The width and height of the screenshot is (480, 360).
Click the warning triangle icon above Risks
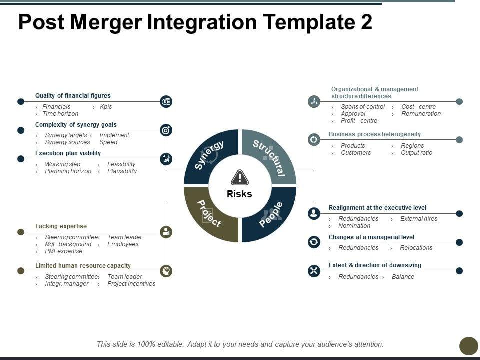point(240,177)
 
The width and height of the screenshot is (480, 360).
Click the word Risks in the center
point(240,194)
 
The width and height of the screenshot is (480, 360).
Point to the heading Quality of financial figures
point(73,96)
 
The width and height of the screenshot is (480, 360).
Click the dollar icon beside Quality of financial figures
point(166,102)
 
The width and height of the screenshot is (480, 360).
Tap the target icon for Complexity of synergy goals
point(166,130)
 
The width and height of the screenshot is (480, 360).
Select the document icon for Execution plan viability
point(166,159)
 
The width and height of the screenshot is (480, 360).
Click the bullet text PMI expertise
point(64,251)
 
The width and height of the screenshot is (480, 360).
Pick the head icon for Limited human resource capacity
point(166,271)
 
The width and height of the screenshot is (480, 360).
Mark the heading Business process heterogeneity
point(375,134)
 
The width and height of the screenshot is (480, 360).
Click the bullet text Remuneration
point(421,114)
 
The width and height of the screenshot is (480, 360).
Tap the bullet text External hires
point(419,219)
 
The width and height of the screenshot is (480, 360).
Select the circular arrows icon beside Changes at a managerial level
point(314,242)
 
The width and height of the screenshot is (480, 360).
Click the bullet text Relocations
point(416,248)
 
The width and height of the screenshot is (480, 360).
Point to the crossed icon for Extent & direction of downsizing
point(314,271)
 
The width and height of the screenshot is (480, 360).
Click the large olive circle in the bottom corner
point(469,346)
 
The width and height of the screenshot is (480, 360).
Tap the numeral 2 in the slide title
point(366,22)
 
